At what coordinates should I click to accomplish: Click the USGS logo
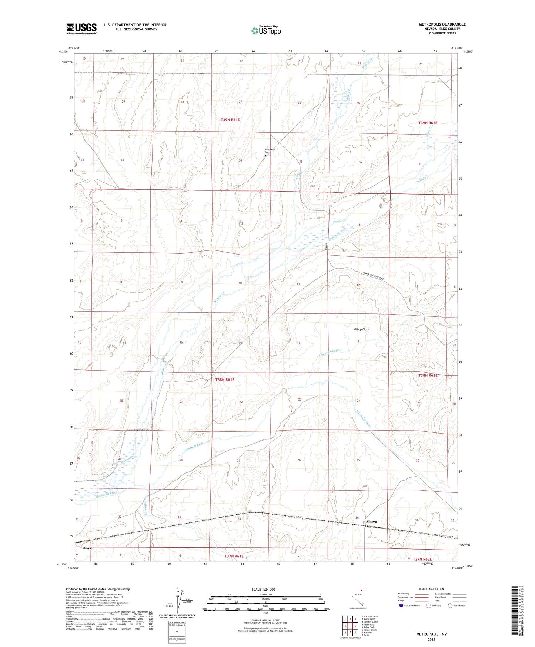pyautogui.click(x=81, y=29)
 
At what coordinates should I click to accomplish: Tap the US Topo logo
pyautogui.click(x=265, y=30)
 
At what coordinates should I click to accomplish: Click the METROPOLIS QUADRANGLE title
pyautogui.click(x=442, y=24)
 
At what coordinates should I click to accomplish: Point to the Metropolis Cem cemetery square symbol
pyautogui.click(x=265, y=156)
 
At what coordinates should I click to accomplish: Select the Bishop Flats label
pyautogui.click(x=361, y=329)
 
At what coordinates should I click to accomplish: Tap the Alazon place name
pyautogui.click(x=371, y=521)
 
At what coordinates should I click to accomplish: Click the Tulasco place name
pyautogui.click(x=88, y=548)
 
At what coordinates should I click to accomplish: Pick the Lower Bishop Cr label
pyautogui.click(x=330, y=355)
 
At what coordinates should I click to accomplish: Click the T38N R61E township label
pyautogui.click(x=225, y=379)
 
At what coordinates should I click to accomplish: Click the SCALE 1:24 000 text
pyautogui.click(x=263, y=590)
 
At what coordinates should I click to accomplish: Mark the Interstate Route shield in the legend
pyautogui.click(x=401, y=605)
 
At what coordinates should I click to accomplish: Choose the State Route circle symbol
pyautogui.click(x=450, y=605)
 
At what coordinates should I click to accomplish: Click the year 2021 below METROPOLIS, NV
pyautogui.click(x=431, y=639)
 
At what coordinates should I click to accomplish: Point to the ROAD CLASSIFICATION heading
pyautogui.click(x=431, y=589)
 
